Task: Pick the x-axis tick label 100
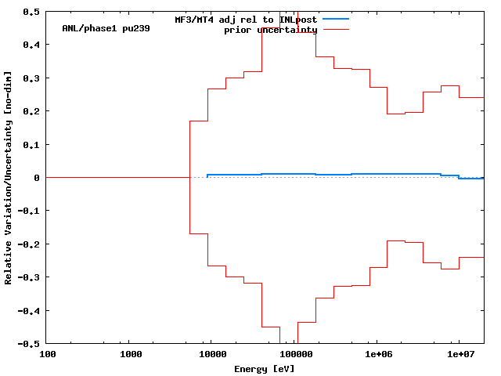pos(47,355)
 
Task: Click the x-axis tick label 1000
pos(130,355)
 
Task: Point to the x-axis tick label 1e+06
pos(377,355)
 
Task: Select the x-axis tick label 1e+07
pos(460,355)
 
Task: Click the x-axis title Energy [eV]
pos(265,368)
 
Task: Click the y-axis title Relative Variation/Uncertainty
pos(9,178)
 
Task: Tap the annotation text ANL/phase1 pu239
pos(106,28)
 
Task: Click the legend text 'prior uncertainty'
pos(271,30)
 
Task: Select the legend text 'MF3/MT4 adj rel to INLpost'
pos(246,19)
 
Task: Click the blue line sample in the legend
pos(334,18)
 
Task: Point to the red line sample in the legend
pos(334,29)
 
